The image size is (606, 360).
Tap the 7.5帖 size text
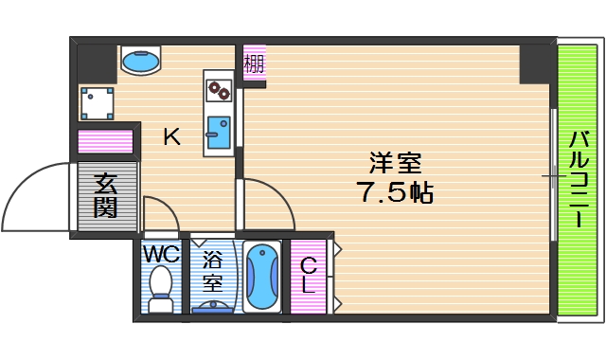395,192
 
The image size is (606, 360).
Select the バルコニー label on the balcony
576,181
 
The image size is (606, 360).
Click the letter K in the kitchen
171,136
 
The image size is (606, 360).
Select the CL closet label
309,273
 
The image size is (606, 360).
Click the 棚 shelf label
254,65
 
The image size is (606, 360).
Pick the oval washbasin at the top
141,62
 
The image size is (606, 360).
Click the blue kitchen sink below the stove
218,132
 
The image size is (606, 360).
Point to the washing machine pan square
97,101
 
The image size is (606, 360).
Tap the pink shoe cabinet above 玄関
105,141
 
